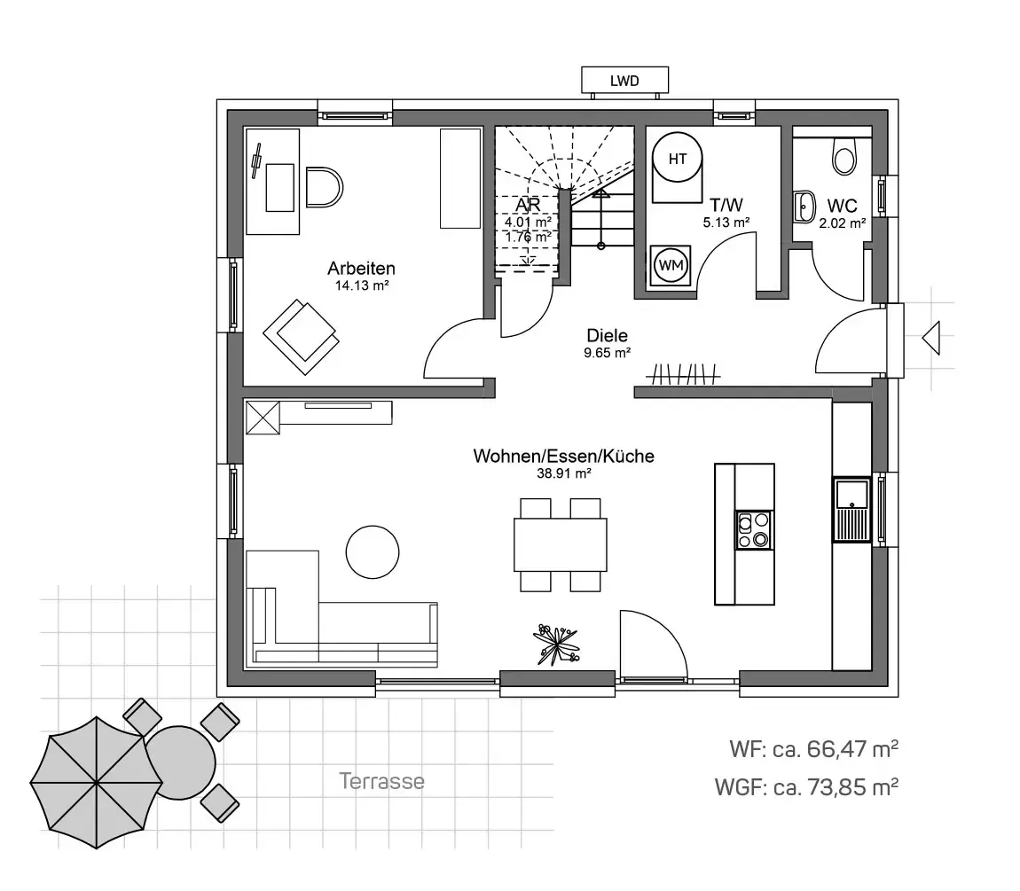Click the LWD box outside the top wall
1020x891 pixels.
tap(624, 80)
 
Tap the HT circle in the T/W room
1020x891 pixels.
tap(677, 159)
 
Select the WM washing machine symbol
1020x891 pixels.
tap(671, 265)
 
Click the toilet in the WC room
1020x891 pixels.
tap(844, 155)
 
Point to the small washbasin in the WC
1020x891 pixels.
tap(804, 207)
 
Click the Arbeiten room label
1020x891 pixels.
tap(361, 268)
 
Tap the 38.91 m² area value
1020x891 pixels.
tap(563, 473)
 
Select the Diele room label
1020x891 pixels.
tap(607, 336)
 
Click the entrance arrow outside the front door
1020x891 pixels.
tap(931, 338)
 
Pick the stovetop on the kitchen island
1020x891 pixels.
tap(754, 529)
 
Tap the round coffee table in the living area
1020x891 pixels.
tap(373, 551)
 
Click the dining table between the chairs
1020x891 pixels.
tap(560, 545)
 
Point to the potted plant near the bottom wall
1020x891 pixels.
tap(555, 645)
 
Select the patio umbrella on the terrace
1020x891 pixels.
tap(97, 782)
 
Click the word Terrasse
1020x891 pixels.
tap(382, 780)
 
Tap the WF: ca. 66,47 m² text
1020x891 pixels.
tap(814, 748)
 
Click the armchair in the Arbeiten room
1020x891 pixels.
tap(302, 336)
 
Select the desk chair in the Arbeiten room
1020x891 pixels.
tap(324, 187)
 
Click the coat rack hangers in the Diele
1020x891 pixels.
tap(683, 374)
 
